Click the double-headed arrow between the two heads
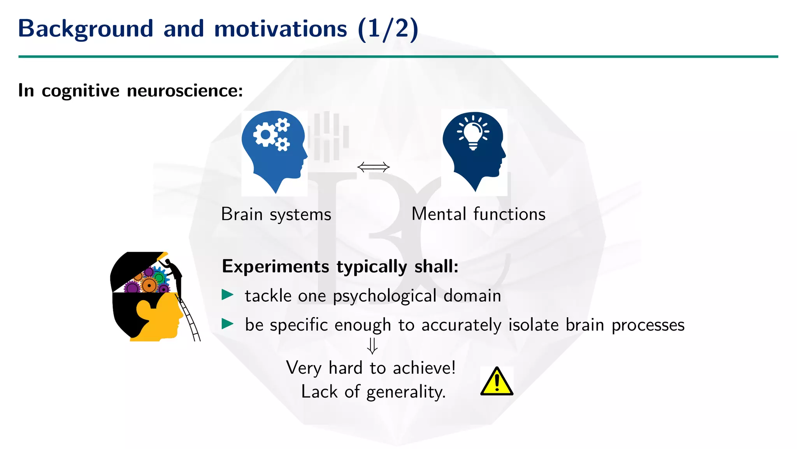tap(373, 167)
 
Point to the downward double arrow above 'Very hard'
tap(372, 346)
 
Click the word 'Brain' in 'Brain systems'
tap(242, 214)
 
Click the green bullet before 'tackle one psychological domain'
tap(227, 295)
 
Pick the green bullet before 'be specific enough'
tap(227, 323)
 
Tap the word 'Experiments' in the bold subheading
tap(276, 267)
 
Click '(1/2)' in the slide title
tap(388, 29)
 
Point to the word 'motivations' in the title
tap(280, 29)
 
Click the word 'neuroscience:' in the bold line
tap(185, 91)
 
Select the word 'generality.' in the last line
tap(406, 392)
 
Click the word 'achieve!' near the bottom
tap(424, 368)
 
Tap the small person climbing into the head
tap(174, 271)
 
